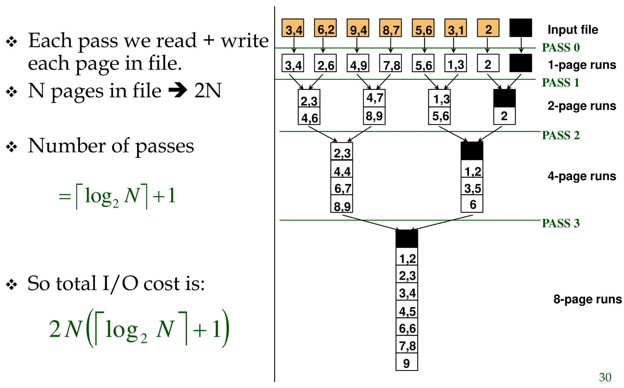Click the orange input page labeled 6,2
pos(325,28)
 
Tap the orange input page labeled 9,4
pos(358,28)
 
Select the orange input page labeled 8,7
pos(391,28)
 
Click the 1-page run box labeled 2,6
pos(325,63)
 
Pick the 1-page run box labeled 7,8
pos(391,63)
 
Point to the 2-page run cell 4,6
pos(309,116)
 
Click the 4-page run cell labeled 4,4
pos(342,169)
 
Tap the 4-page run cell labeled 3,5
pos(472,187)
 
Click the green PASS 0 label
pos(561,48)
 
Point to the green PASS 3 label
pos(561,223)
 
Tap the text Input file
pos(573,30)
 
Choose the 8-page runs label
pos(587,299)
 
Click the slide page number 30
pos(605,377)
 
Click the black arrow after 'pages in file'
pos(178,90)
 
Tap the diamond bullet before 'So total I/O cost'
pos(12,284)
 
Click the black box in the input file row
pos(521,28)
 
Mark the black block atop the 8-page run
pos(407,239)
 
